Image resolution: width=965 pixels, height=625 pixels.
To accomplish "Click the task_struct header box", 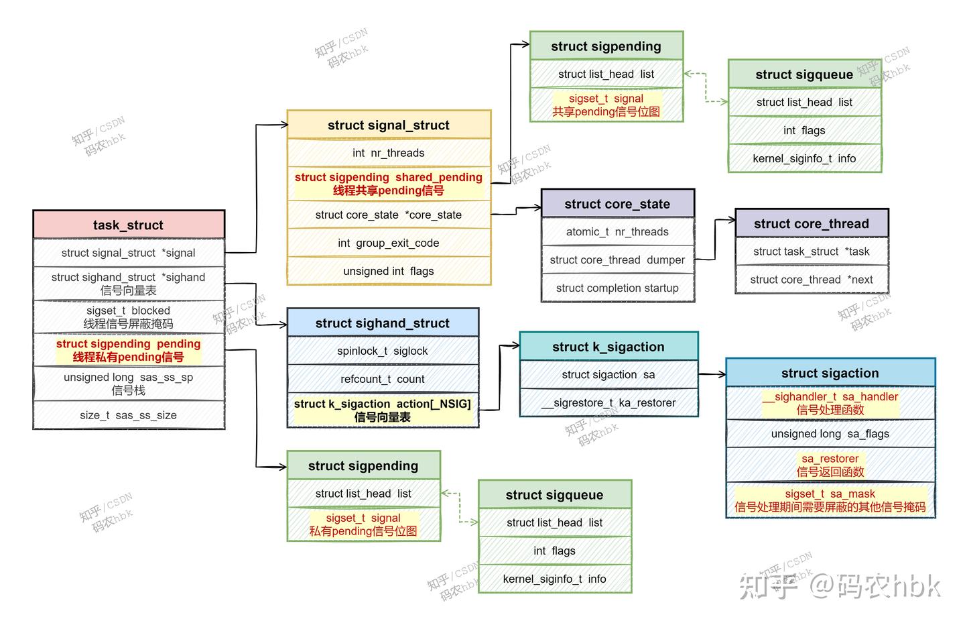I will coord(128,225).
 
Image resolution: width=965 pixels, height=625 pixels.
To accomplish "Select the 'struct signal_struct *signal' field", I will coord(128,253).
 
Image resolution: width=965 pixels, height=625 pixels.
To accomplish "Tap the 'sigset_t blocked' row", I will coord(128,317).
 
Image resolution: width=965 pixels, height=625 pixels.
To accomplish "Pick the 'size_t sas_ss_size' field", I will coord(128,415).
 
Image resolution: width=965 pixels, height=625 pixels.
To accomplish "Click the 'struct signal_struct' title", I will coord(389,125).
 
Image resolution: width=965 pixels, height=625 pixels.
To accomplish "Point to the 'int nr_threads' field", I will coord(389,153).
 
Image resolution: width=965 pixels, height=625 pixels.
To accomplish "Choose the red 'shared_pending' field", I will coord(389,184).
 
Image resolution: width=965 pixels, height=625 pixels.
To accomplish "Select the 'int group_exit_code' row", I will coord(389,243).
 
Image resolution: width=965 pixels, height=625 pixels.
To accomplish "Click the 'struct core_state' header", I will coord(617,204).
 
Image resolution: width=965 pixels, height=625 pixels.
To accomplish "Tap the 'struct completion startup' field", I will coord(617,288).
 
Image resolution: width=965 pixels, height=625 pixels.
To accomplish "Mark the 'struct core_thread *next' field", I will coord(812,280).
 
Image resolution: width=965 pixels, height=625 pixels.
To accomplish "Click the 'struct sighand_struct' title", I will coord(383,323).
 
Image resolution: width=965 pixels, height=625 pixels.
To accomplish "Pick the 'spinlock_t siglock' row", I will coord(383,351).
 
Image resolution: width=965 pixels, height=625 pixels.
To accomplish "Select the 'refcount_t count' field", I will coord(383,379).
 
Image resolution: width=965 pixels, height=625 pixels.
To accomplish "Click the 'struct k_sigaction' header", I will coord(608,347).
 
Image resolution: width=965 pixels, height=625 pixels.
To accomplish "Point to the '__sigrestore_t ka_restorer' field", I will coord(608,402).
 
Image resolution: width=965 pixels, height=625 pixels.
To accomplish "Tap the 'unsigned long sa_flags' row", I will coord(830,434).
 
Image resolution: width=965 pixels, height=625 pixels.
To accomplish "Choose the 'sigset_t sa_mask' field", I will coord(830,500).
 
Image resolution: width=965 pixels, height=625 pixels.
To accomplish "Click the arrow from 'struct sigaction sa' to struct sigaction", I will coord(712,374).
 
